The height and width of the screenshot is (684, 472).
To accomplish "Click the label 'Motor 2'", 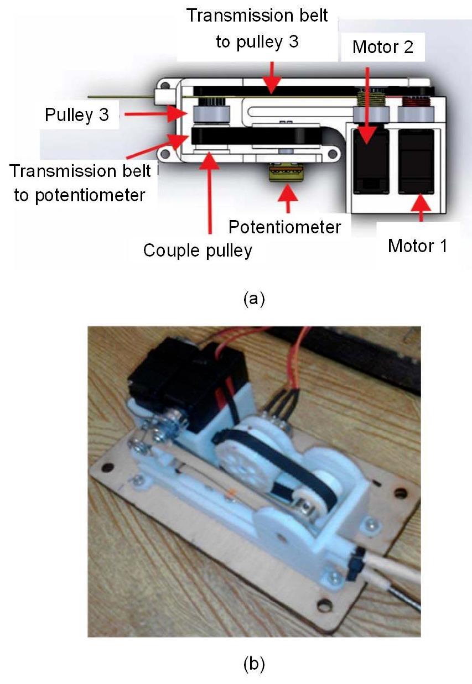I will pyautogui.click(x=383, y=46).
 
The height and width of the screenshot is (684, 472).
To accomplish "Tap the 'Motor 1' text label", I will pyautogui.click(x=417, y=245).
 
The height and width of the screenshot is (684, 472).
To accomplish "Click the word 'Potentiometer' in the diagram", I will pyautogui.click(x=285, y=227).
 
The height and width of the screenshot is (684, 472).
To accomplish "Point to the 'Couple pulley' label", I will pyautogui.click(x=198, y=250).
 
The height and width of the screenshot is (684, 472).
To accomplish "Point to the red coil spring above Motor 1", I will pyautogui.click(x=412, y=102).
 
